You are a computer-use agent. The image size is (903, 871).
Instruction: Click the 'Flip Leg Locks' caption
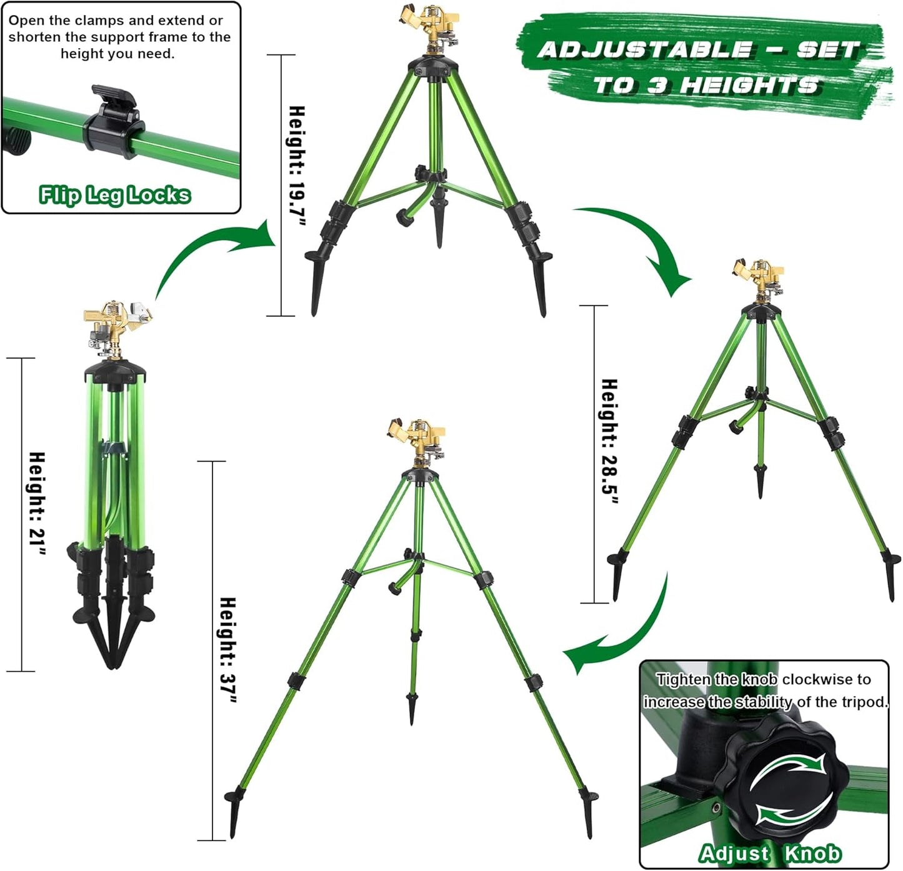114,195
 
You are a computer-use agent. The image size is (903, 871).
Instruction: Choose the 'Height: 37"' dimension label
228,650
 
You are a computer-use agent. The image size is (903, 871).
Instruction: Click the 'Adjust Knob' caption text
770,854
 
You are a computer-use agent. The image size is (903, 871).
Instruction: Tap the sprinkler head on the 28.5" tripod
759,278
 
